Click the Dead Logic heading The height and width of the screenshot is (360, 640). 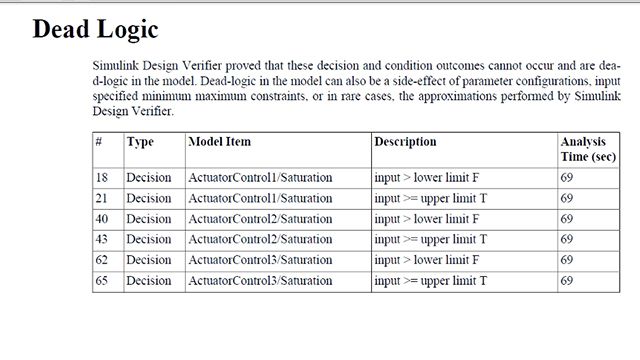click(x=95, y=28)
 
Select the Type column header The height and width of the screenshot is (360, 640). click(x=140, y=143)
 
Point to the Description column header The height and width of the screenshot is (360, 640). click(x=405, y=143)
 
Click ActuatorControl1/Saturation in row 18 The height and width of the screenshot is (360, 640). click(x=260, y=177)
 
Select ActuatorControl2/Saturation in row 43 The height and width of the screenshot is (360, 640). click(x=260, y=240)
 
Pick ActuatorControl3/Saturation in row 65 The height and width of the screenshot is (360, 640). click(x=260, y=282)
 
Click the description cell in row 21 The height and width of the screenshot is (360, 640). click(x=430, y=198)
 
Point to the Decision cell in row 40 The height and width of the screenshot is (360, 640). click(x=149, y=219)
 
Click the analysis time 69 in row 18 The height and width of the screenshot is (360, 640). click(x=566, y=177)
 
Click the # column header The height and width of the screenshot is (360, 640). click(x=98, y=143)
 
